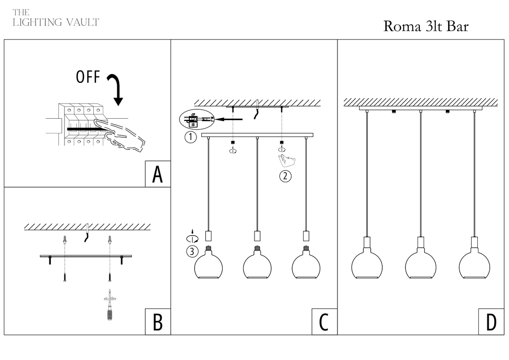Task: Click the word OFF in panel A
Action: [88, 77]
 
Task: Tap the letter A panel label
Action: [157, 174]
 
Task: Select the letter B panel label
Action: [157, 323]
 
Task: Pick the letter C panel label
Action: [324, 323]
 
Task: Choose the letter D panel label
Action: [491, 323]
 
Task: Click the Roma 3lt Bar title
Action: [426, 26]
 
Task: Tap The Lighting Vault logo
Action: [56, 18]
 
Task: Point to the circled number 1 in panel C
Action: [190, 138]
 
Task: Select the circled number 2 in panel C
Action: [285, 177]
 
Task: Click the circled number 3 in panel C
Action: [191, 251]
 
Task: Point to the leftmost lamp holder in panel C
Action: [208, 236]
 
